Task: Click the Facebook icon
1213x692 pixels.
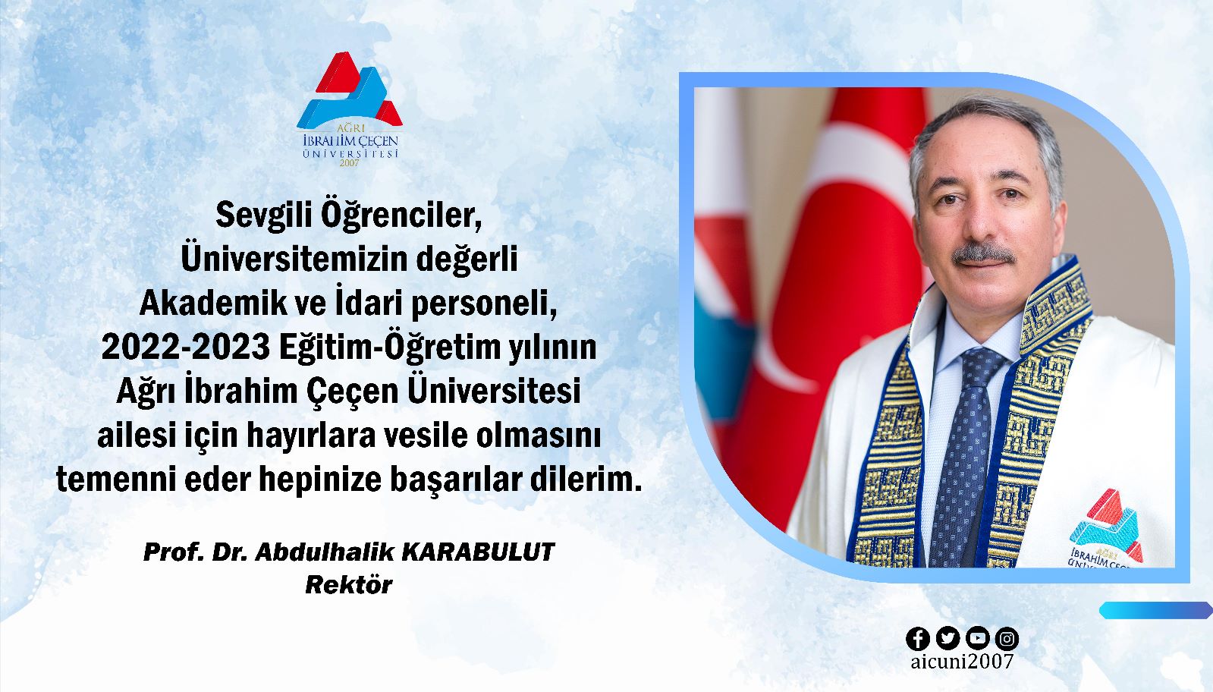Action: [918, 639]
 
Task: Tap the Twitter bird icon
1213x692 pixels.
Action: [947, 639]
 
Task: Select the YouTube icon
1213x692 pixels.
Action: [977, 639]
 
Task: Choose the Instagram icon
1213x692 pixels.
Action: [1007, 639]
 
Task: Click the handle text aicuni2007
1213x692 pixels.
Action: [962, 662]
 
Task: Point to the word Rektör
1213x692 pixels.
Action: [349, 585]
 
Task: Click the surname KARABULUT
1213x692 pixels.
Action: [479, 552]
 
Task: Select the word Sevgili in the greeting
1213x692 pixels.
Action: [264, 216]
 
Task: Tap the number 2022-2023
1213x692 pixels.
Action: [186, 347]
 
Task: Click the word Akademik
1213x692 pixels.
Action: [213, 304]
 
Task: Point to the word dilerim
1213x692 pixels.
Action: [586, 480]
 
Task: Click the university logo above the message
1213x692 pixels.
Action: [349, 109]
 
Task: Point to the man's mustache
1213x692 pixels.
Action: [983, 254]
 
